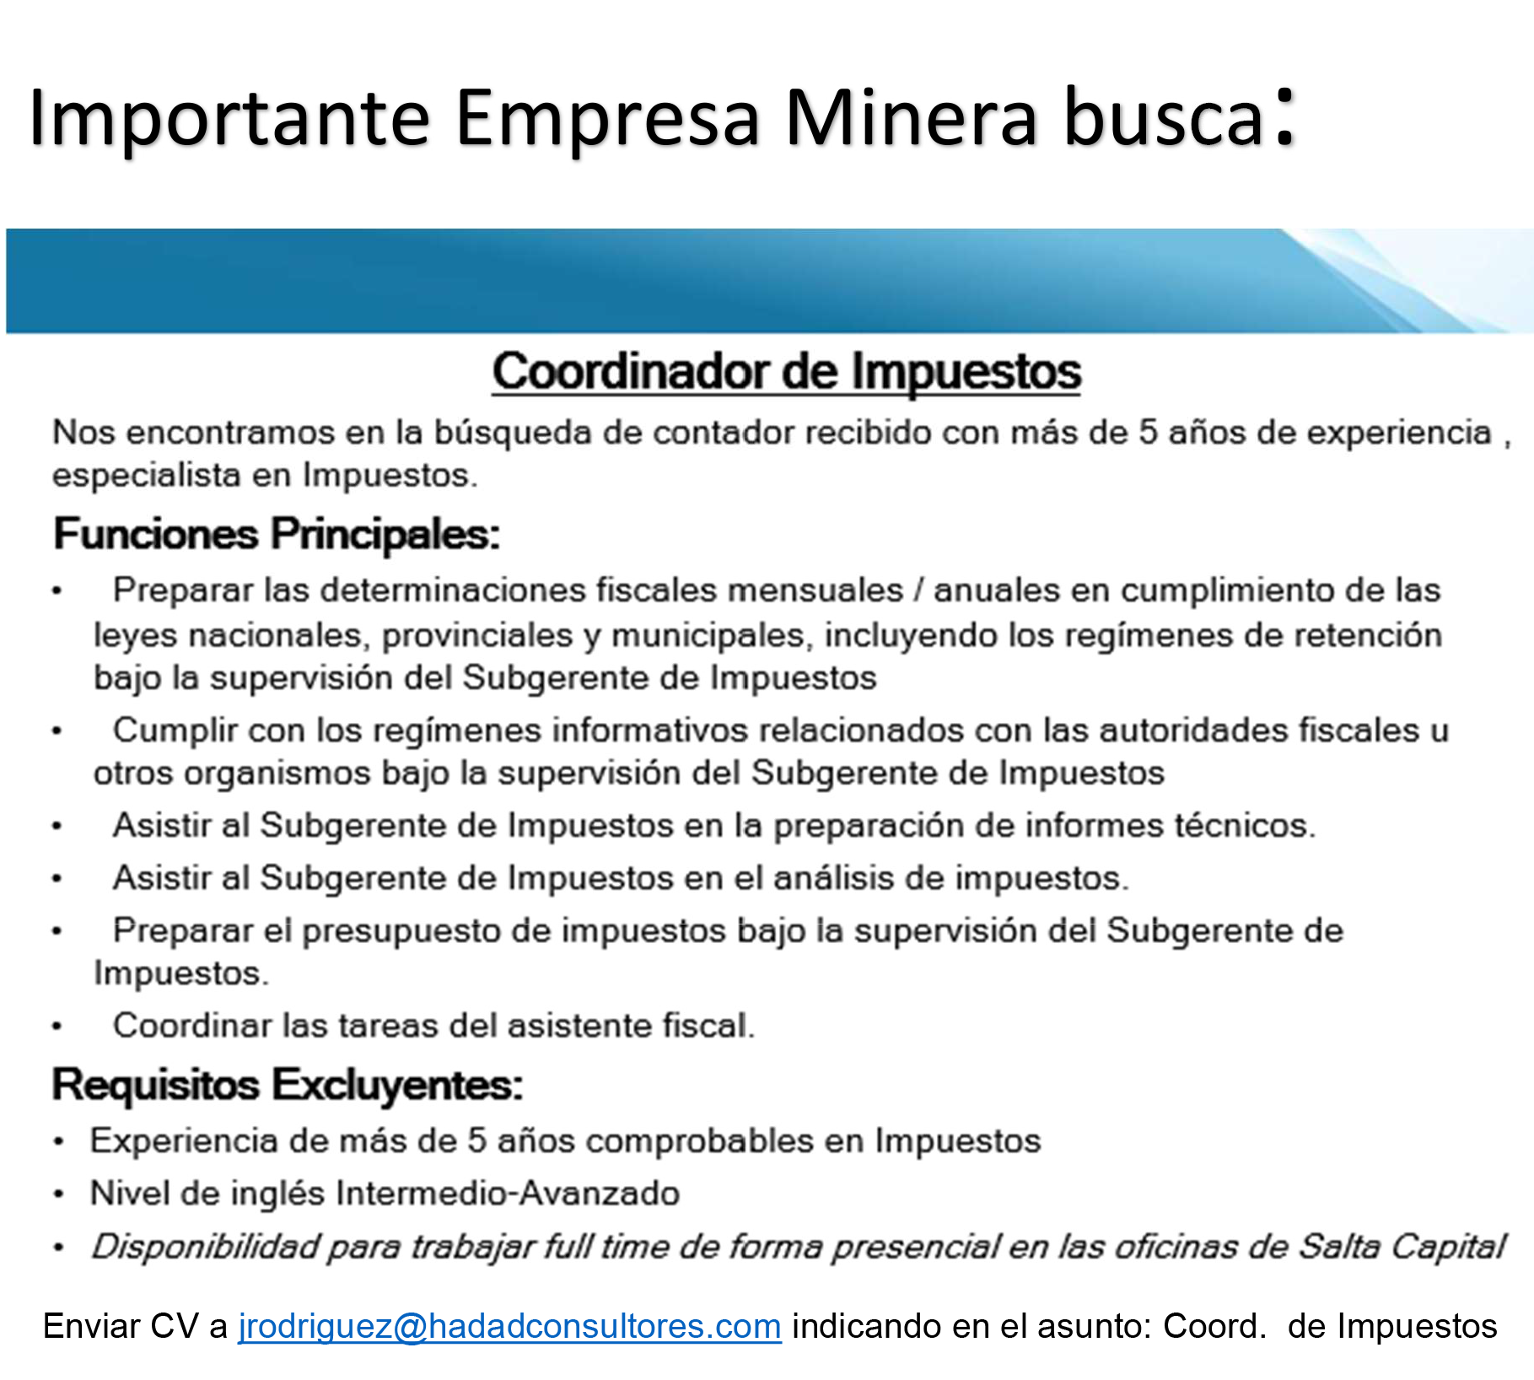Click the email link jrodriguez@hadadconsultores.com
tap(509, 1327)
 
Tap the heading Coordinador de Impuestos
tap(787, 371)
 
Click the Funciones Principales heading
tap(277, 534)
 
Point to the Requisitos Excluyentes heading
tap(288, 1086)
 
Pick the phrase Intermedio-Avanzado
tap(508, 1194)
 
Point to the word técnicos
tap(1246, 826)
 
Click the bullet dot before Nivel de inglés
tap(58, 1194)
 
